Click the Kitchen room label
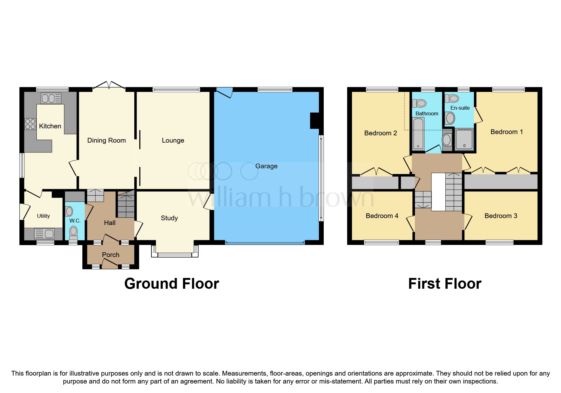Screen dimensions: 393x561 (x=50, y=126)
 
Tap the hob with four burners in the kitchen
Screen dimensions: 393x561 (x=30, y=124)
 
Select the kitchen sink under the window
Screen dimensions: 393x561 (x=51, y=98)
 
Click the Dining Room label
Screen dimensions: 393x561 (x=106, y=140)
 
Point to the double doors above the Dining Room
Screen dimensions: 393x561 (x=109, y=86)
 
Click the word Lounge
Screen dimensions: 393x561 (x=173, y=140)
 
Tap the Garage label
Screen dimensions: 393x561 (x=266, y=166)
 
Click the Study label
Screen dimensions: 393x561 (x=169, y=218)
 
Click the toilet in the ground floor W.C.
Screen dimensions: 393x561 (x=73, y=232)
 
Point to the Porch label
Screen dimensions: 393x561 (x=111, y=255)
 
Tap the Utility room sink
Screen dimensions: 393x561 (x=45, y=234)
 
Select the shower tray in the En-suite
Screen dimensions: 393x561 (x=464, y=139)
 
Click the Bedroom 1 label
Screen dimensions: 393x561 (x=507, y=132)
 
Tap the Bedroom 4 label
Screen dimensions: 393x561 (x=382, y=216)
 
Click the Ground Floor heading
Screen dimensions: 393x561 (x=171, y=284)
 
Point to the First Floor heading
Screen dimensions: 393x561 (x=444, y=284)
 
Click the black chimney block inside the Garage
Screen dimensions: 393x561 (x=314, y=121)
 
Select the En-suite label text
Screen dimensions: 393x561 (x=460, y=108)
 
